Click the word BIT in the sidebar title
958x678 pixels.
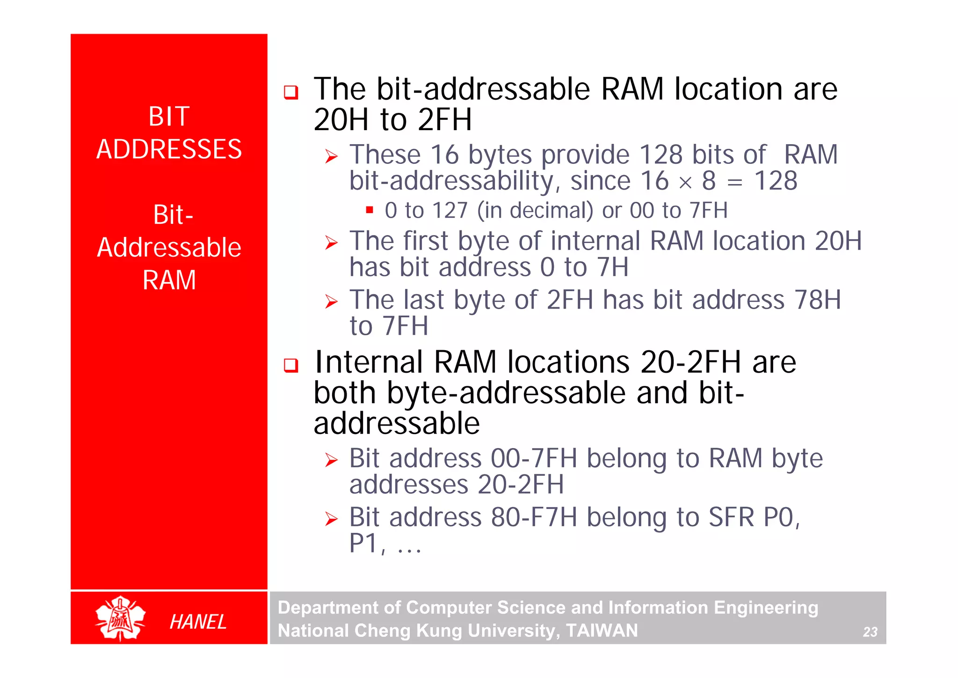169,117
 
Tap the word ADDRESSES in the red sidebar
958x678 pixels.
169,149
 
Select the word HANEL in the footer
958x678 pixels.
198,622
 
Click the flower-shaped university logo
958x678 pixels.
120,618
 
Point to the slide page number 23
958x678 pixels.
870,632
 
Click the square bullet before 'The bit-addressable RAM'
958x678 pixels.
291,92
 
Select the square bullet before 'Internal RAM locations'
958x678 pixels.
291,365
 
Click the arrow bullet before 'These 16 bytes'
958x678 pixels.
331,156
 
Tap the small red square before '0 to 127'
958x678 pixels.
370,210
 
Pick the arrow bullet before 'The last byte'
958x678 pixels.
331,302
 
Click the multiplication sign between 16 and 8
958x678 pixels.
685,183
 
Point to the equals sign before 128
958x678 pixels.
734,183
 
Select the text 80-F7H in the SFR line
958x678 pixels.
534,517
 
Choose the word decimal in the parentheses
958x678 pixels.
551,210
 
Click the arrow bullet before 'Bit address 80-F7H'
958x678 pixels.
331,519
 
